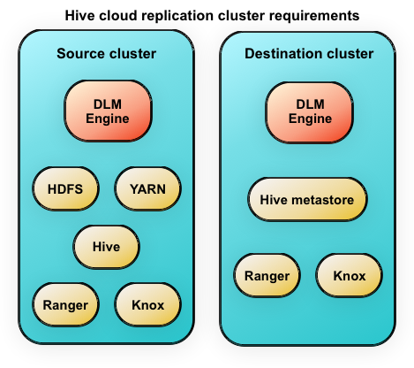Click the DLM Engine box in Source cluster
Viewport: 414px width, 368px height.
tap(108, 111)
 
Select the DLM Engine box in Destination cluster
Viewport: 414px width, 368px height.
tap(310, 112)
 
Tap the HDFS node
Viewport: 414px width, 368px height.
tap(65, 188)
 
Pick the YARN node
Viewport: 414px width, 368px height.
tap(147, 188)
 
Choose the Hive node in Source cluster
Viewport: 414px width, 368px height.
tap(106, 247)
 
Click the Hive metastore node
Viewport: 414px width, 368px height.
tap(307, 199)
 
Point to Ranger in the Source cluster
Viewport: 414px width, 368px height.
tap(65, 304)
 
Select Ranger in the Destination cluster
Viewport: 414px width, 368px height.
tap(267, 275)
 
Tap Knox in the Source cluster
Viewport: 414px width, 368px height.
tap(147, 304)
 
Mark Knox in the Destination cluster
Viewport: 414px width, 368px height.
tap(350, 275)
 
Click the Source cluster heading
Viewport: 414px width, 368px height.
tap(106, 54)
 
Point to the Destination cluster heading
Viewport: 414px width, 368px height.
tap(309, 54)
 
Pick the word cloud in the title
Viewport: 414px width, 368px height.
tap(118, 15)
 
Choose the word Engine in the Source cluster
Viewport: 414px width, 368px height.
tap(108, 119)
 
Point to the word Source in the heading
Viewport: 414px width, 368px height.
tap(81, 54)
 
